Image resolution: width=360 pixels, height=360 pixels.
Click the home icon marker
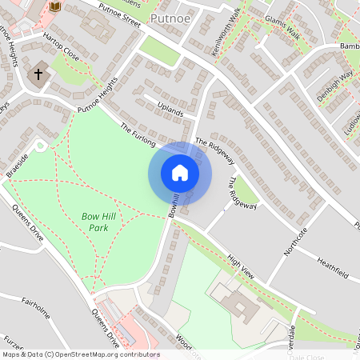pyautogui.click(x=180, y=173)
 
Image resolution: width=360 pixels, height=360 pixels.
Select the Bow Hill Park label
pyautogui.click(x=99, y=222)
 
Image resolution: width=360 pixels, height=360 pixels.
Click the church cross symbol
pyautogui.click(x=37, y=74)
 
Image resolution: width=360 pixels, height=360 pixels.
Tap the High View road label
pyautogui.click(x=240, y=266)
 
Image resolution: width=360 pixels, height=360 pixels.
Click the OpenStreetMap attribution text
pyautogui.click(x=80, y=354)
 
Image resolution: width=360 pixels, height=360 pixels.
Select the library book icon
pyautogui.click(x=55, y=6)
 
